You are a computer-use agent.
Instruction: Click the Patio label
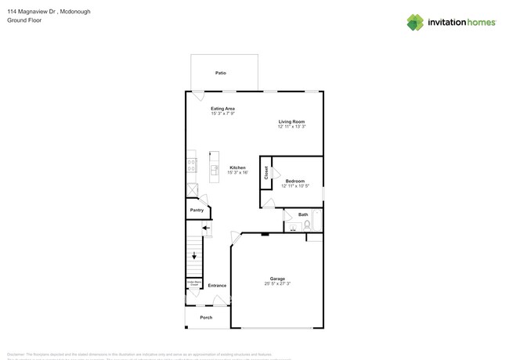pos(221,73)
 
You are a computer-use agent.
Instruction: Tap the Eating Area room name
pos(223,108)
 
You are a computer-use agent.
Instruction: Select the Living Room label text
pos(291,121)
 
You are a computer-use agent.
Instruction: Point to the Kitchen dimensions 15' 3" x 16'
pos(237,172)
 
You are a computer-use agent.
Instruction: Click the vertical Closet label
pos(266,172)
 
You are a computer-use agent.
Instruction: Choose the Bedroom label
pos(294,181)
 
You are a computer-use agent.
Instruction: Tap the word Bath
pos(303,214)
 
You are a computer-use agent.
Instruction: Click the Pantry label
pos(197,210)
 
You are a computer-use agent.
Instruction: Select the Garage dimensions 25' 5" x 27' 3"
pos(277,283)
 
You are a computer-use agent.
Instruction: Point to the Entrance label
pos(217,285)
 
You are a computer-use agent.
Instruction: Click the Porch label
pos(206,317)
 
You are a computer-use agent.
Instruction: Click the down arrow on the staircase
pos(195,255)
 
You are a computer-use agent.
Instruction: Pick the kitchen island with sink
pos(214,167)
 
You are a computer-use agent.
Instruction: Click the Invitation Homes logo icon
pos(415,23)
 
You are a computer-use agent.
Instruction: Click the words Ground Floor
pos(24,20)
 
